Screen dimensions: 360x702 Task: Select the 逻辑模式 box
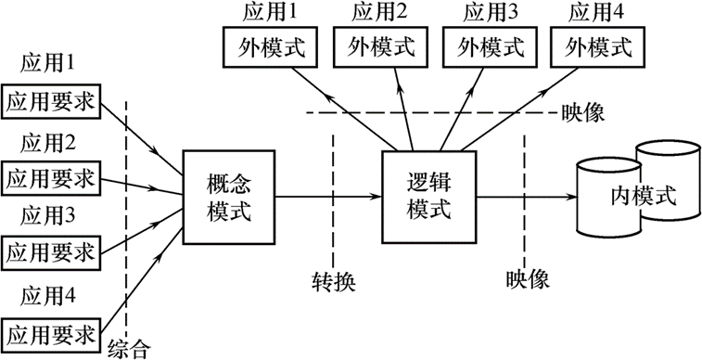[x=428, y=196]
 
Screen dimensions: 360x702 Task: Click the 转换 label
[x=335, y=278]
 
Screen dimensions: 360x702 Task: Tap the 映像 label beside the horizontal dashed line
[x=583, y=112]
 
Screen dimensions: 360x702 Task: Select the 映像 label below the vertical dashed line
[x=529, y=278]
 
